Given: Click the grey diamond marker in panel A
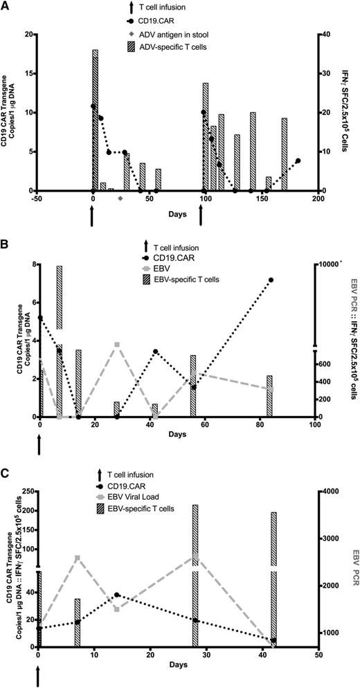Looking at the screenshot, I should pyautogui.click(x=120, y=198).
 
